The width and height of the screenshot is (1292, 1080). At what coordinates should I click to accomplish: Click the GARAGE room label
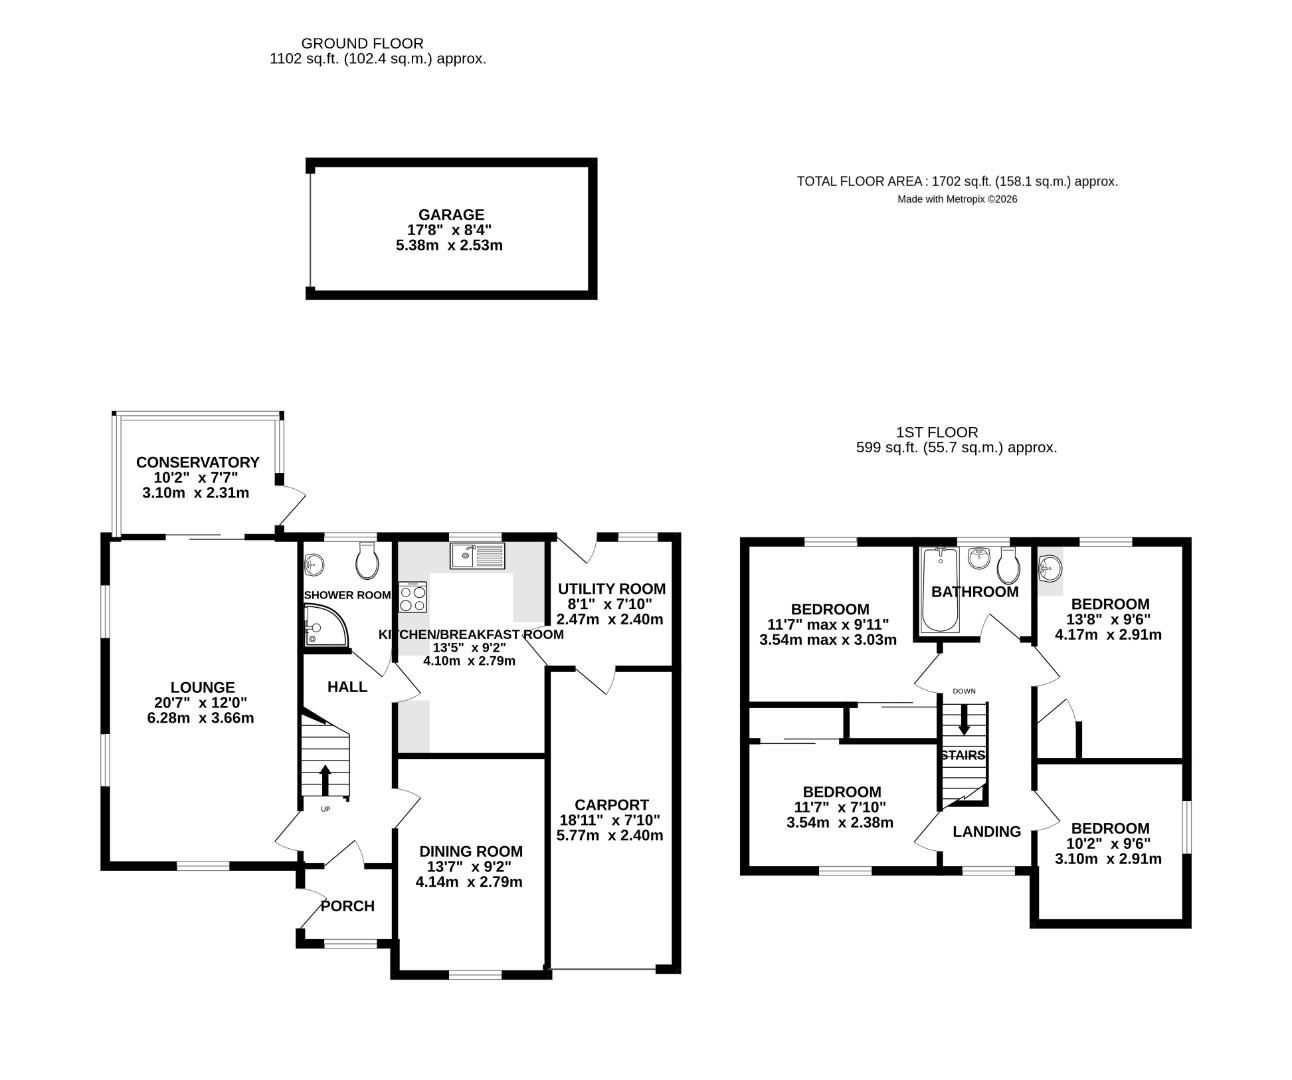[x=450, y=214]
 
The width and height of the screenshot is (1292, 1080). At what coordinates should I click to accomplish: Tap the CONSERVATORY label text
[x=197, y=462]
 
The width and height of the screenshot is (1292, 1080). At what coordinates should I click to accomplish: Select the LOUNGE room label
[x=202, y=687]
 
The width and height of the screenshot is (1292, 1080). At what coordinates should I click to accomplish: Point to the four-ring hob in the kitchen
[x=412, y=598]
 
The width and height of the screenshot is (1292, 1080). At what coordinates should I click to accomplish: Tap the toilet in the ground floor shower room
[x=367, y=562]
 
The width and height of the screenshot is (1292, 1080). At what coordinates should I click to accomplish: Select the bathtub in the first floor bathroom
[x=938, y=589]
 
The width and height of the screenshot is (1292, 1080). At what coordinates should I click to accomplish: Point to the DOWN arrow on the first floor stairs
[x=963, y=718]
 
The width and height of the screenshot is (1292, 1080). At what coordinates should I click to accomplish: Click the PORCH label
[x=347, y=906]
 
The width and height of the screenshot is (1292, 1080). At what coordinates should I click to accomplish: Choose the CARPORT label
[x=611, y=804]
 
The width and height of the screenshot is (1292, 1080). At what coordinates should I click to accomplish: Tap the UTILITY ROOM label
[x=611, y=588]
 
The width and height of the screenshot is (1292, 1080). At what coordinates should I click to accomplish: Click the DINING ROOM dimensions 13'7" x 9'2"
[x=469, y=867]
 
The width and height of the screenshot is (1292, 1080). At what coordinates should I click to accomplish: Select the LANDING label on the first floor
[x=986, y=831]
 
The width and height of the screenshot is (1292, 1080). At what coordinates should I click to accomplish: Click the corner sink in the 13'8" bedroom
[x=1049, y=570]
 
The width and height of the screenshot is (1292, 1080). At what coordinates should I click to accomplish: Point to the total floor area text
[x=956, y=181]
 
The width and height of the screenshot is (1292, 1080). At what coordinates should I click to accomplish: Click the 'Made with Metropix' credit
[x=956, y=199]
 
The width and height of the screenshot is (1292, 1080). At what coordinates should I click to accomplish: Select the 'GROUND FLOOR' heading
[x=362, y=43]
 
